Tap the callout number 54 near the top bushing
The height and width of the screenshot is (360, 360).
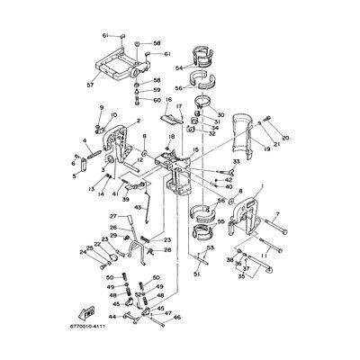178,67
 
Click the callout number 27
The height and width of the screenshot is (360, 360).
114,217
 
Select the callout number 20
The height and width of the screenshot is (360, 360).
273,127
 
